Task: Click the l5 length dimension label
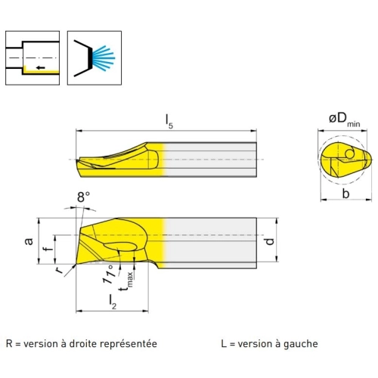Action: coord(169,122)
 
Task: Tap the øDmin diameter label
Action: coord(345,119)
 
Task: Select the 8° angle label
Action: coord(83,197)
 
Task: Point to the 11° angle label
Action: coord(110,274)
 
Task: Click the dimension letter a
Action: coord(29,241)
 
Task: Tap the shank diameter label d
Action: coord(269,241)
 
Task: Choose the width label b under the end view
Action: coord(345,194)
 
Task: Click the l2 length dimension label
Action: coord(113,302)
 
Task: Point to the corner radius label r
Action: coord(59,270)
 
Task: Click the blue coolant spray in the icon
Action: coord(104,58)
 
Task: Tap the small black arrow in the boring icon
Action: coord(40,67)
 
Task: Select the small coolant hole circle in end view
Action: coord(349,153)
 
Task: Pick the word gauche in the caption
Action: coord(301,345)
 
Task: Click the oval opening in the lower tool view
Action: coord(120,246)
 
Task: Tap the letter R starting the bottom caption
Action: coord(9,344)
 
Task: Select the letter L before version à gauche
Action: coord(224,344)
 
